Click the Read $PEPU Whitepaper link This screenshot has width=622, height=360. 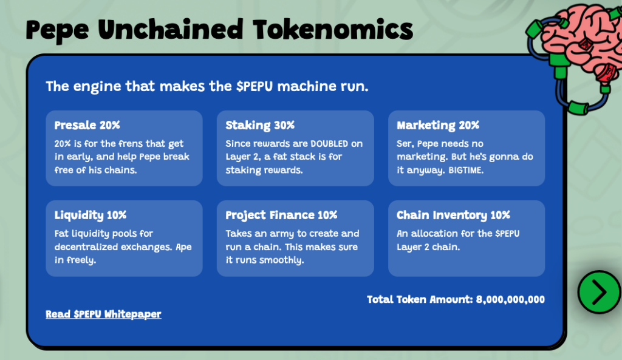click(x=103, y=314)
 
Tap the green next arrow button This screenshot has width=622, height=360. click(x=598, y=292)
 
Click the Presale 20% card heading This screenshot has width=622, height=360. click(x=87, y=125)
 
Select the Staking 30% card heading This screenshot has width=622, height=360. click(x=260, y=125)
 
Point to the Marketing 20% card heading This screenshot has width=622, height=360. click(x=438, y=125)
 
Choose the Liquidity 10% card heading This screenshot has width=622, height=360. click(x=91, y=216)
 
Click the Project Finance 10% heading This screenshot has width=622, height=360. click(x=281, y=216)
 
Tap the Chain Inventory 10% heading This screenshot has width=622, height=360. click(x=453, y=216)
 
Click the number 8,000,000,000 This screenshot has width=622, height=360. click(x=510, y=300)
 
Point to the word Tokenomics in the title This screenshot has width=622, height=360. click(x=333, y=30)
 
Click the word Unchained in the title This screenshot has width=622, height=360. click(x=171, y=30)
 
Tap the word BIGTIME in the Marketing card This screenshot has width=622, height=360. click(x=465, y=171)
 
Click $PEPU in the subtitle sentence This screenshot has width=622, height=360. click(x=255, y=86)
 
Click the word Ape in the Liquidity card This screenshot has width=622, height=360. click(x=183, y=247)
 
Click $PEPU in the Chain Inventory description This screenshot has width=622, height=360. click(x=507, y=234)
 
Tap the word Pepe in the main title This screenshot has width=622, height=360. click(x=57, y=31)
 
